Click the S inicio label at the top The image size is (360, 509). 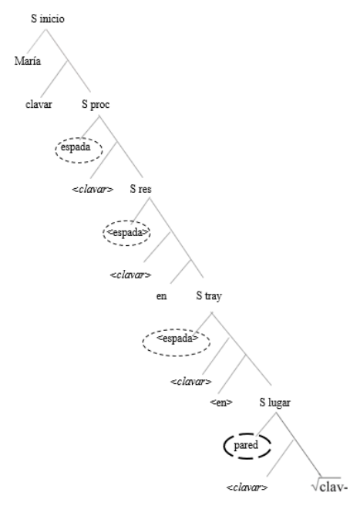coord(47,19)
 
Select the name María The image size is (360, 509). coord(28,61)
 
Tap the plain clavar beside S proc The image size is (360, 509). coord(39,104)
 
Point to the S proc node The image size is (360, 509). coord(96,104)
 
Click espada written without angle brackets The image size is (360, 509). coord(76,147)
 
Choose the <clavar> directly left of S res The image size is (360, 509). coord(93,189)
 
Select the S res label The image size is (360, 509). coord(140,189)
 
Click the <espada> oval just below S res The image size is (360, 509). coord(127,233)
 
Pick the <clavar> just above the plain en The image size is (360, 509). coord(130,275)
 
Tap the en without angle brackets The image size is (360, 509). coord(161,295)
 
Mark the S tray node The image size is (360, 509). coord(209,295)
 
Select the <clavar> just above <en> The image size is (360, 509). coord(191,382)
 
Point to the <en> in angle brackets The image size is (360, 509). coord(221,403)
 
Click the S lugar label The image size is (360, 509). coord(274,403)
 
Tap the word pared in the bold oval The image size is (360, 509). coord(246,445)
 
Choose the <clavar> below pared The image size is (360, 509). coord(247,487)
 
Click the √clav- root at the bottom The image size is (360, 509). coord(329,487)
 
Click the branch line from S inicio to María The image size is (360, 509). coord(36,41)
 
